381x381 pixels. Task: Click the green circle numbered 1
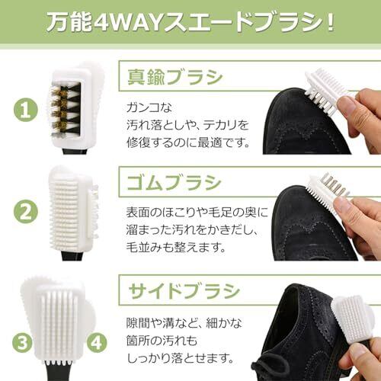(25, 110)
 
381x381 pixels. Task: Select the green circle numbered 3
(22, 343)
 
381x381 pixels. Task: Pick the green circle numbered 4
(97, 343)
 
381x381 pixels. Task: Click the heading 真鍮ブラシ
(175, 77)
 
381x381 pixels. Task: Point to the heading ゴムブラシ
(174, 183)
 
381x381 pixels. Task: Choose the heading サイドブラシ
(184, 291)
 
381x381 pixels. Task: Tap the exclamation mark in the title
(330, 23)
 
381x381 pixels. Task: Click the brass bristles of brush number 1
(59, 111)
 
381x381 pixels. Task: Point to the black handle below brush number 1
(75, 152)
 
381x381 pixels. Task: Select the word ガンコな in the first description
(149, 107)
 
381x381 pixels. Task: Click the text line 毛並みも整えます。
(176, 247)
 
